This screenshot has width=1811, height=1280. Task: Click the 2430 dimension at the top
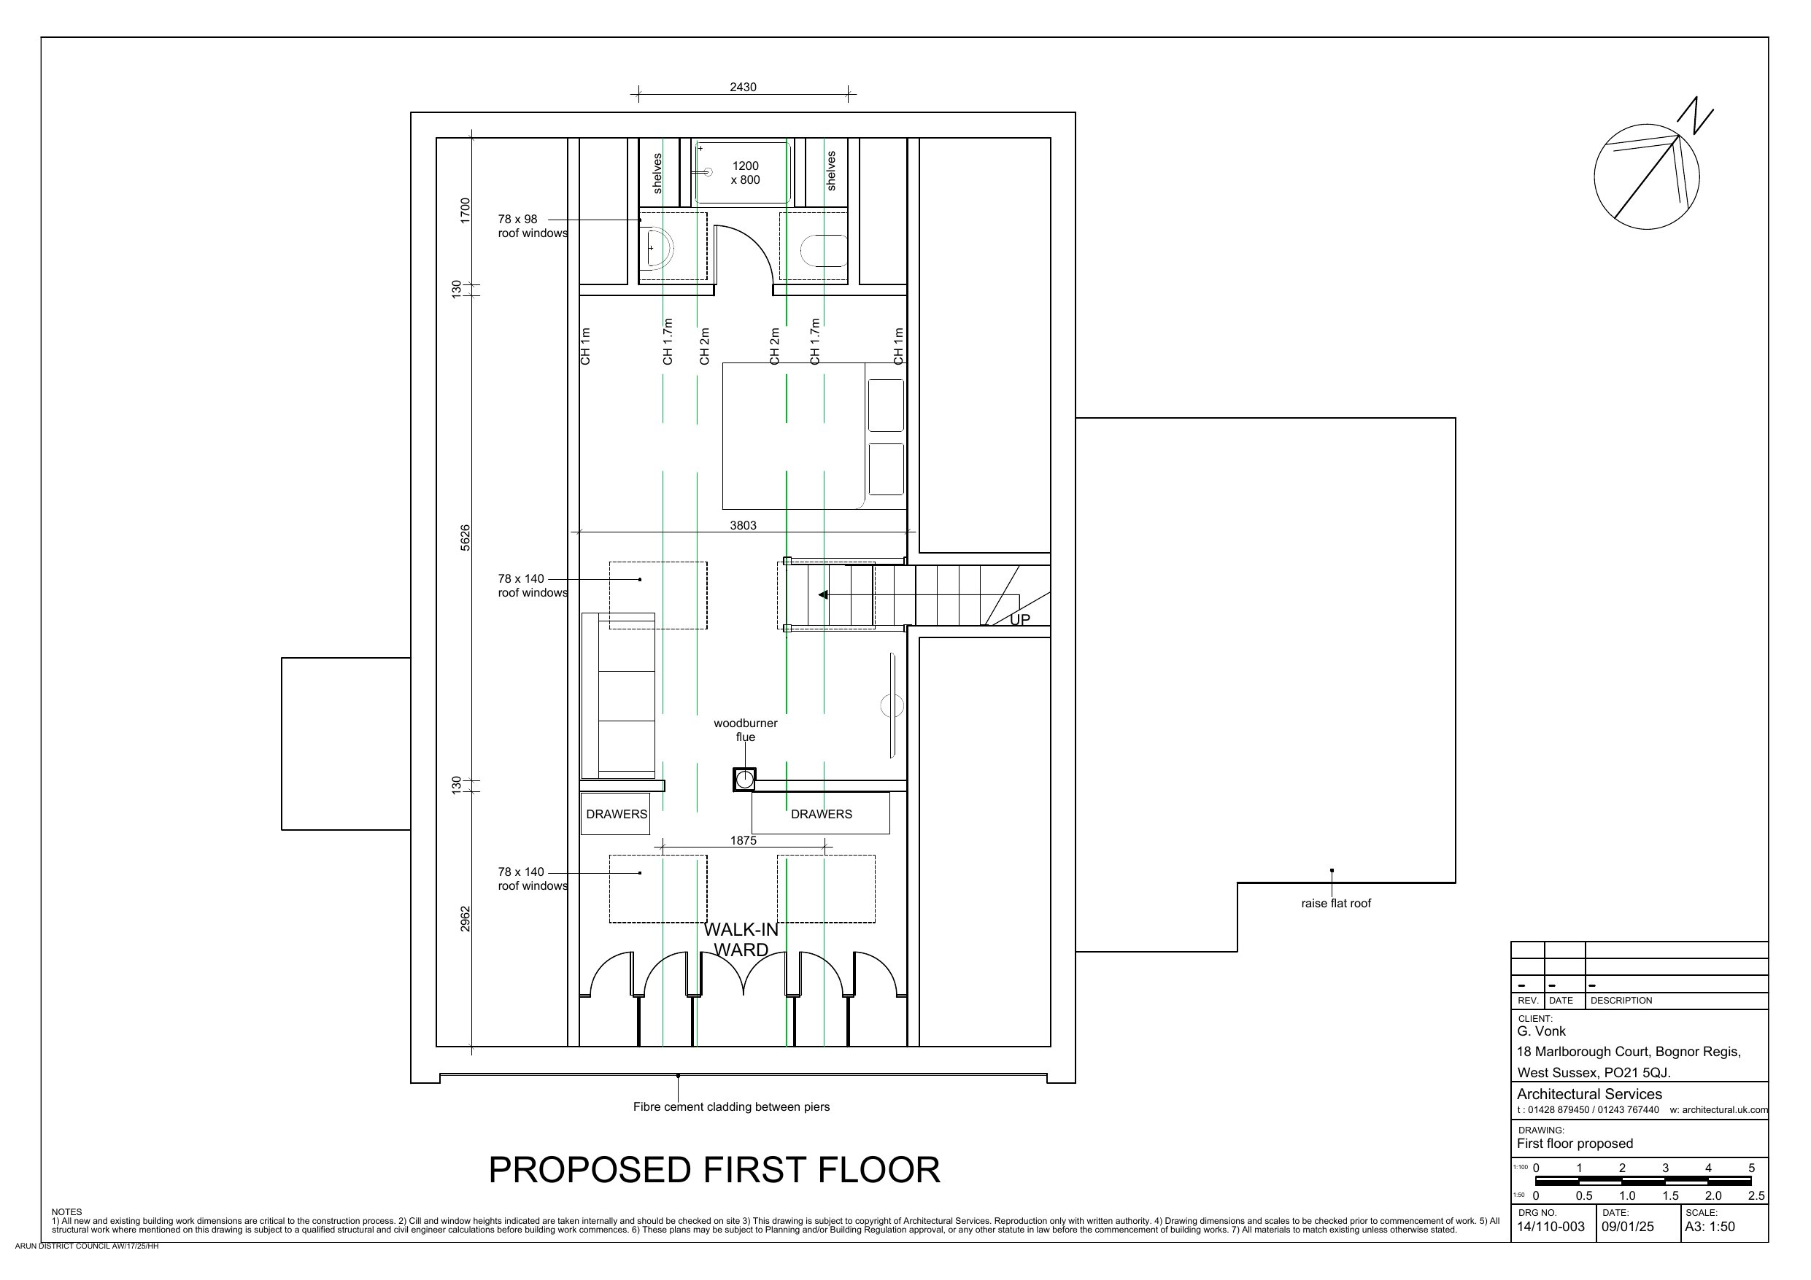pyautogui.click(x=743, y=88)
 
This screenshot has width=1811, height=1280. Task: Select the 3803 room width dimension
pyautogui.click(x=743, y=525)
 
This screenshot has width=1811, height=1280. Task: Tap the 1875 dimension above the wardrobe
pyautogui.click(x=743, y=841)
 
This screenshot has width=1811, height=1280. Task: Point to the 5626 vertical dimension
pyautogui.click(x=466, y=538)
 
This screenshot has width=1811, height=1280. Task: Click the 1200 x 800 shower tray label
pyautogui.click(x=746, y=173)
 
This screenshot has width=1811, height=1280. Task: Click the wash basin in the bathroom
pyautogui.click(x=657, y=249)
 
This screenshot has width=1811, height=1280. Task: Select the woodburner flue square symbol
pyautogui.click(x=744, y=780)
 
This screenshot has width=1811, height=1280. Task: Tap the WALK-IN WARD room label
pyautogui.click(x=741, y=940)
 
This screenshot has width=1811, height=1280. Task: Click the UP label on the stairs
pyautogui.click(x=1020, y=620)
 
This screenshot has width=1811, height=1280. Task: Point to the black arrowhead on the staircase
pyautogui.click(x=822, y=594)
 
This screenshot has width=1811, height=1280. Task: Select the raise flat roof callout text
pyautogui.click(x=1336, y=904)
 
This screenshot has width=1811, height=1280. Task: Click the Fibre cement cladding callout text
pyautogui.click(x=731, y=1107)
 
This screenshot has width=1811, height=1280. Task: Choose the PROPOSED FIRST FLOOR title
pyautogui.click(x=714, y=1171)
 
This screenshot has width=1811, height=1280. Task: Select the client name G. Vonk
pyautogui.click(x=1541, y=1031)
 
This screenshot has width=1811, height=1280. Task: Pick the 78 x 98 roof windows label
pyautogui.click(x=533, y=226)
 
